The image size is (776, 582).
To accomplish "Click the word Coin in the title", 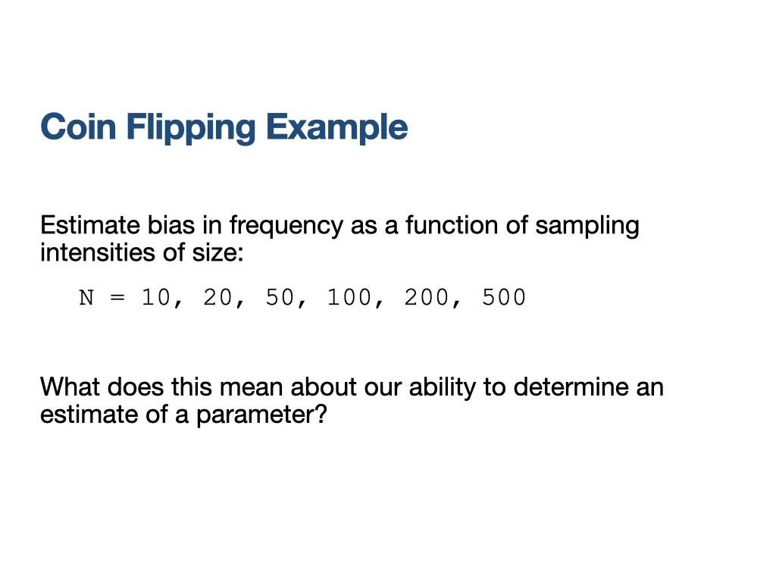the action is click(x=78, y=127).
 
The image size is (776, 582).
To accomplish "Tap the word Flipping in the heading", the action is click(x=191, y=128).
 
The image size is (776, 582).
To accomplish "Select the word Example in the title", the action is click(x=337, y=128).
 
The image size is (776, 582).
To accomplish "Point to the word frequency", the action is click(x=286, y=227).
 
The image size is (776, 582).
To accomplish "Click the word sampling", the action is click(x=587, y=227).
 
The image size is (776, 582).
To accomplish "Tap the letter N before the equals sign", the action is click(x=86, y=298).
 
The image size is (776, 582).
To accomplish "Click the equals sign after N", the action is click(x=117, y=298).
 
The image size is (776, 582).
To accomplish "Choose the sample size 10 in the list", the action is click(x=156, y=297).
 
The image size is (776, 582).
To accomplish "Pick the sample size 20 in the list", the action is click(x=217, y=297).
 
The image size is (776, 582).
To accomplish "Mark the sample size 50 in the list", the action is click(x=280, y=297).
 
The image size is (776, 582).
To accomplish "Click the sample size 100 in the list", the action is click(x=349, y=297).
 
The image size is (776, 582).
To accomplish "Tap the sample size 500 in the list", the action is click(x=504, y=297).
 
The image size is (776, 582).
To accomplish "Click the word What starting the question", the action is click(x=70, y=386).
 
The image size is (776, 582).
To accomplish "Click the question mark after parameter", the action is click(x=321, y=414).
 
